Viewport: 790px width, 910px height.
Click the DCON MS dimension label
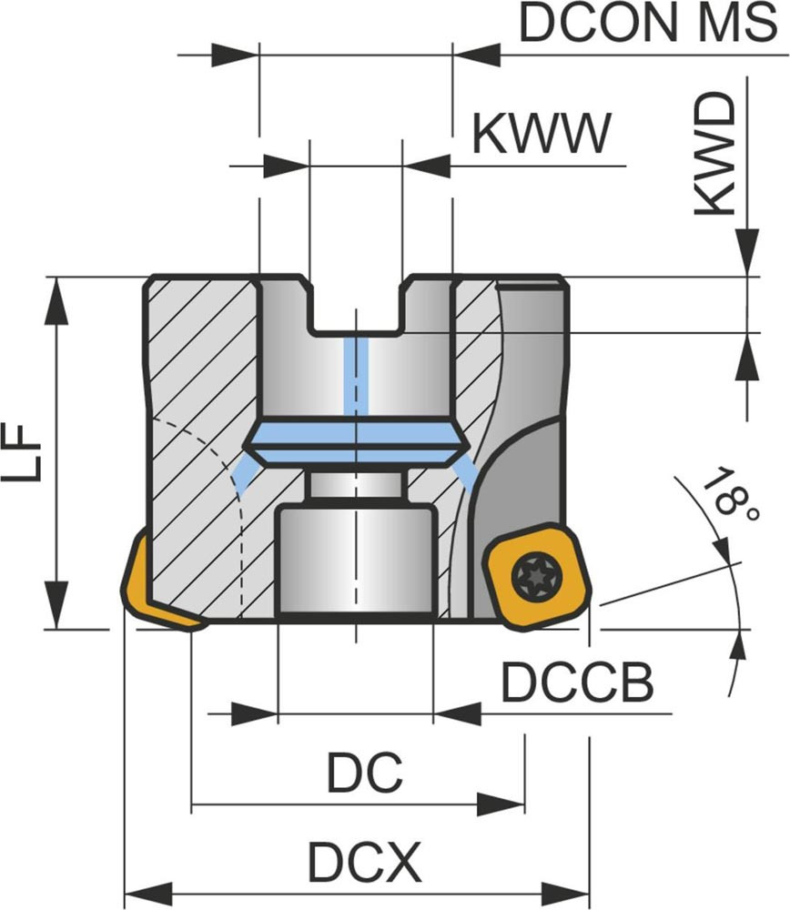coord(647,24)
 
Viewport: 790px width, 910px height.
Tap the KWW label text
coord(541,134)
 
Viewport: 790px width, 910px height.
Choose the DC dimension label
coord(364,774)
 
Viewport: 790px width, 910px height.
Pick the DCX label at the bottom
coord(364,861)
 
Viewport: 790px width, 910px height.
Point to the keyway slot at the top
coord(356,305)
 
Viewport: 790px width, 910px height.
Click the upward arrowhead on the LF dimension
coord(56,298)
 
